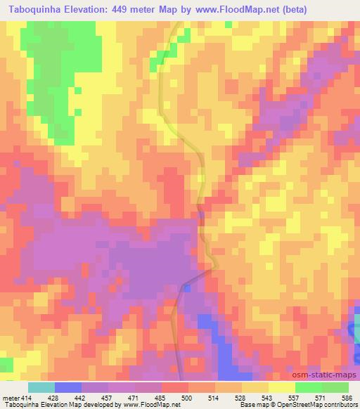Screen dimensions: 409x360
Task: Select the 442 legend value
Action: [x=82, y=397]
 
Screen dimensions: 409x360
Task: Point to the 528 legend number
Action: [x=241, y=397]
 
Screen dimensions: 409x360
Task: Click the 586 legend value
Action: [x=347, y=397]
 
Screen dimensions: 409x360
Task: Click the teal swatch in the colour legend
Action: [x=41, y=387]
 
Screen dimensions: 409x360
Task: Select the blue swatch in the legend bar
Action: [x=68, y=387]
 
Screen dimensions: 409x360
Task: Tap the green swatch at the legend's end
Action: [x=335, y=387]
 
